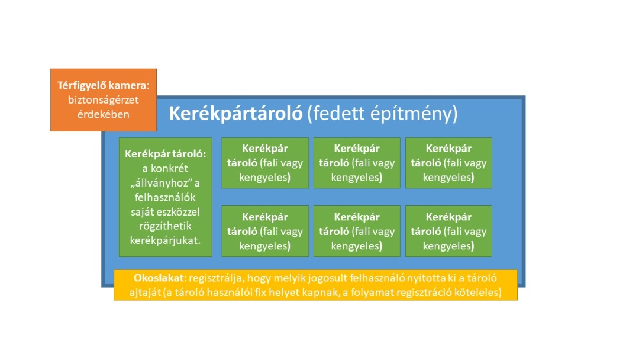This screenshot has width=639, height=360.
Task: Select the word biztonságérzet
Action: pyautogui.click(x=103, y=100)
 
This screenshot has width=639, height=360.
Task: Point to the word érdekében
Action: pyautogui.click(x=104, y=114)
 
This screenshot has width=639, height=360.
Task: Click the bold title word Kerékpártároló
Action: pyautogui.click(x=236, y=113)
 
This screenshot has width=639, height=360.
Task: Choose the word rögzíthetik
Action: pyautogui.click(x=166, y=226)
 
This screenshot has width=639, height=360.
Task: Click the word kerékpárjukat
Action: pyautogui.click(x=166, y=240)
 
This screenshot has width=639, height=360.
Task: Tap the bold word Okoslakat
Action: pyautogui.click(x=159, y=278)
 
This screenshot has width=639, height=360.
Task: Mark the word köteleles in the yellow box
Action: pyautogui.click(x=479, y=292)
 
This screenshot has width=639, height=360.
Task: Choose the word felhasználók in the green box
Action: pyautogui.click(x=166, y=197)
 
